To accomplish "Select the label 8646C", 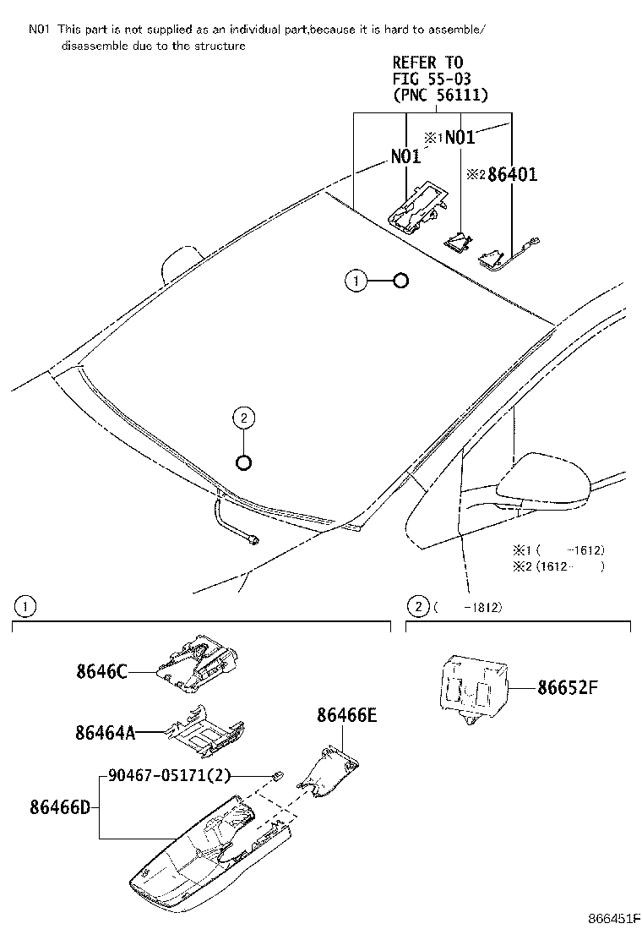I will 99,672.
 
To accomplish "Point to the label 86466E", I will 346,716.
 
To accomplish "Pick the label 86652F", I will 567,686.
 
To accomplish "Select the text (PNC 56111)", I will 440,96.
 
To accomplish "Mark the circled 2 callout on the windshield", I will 243,417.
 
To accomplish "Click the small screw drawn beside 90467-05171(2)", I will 277,775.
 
